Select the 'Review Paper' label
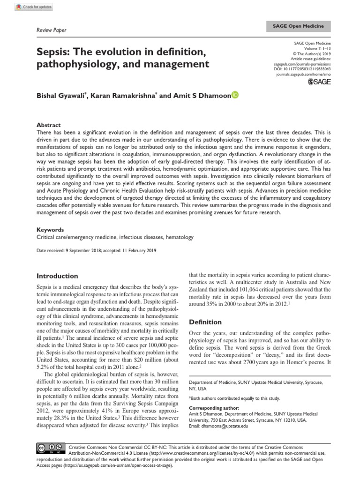click(51, 30)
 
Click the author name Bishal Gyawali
click(63, 96)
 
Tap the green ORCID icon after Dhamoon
click(235, 95)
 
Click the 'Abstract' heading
click(49, 125)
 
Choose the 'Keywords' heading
click(50, 231)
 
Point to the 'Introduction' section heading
click(57, 276)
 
